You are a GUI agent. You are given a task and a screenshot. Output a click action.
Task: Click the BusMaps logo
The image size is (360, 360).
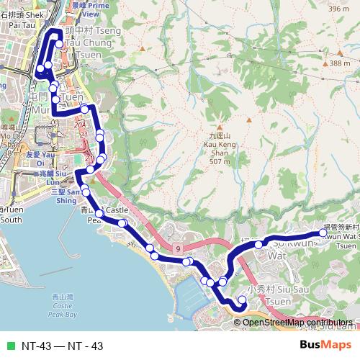coord(325,345)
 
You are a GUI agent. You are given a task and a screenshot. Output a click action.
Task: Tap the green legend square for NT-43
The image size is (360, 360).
coord(10,346)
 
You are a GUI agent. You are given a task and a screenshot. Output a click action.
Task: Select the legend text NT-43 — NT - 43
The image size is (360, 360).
coord(62,346)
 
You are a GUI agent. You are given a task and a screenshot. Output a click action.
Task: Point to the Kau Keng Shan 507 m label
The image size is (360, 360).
coord(217,148)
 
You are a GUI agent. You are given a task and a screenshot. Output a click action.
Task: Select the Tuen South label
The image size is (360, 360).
coord(13,215)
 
